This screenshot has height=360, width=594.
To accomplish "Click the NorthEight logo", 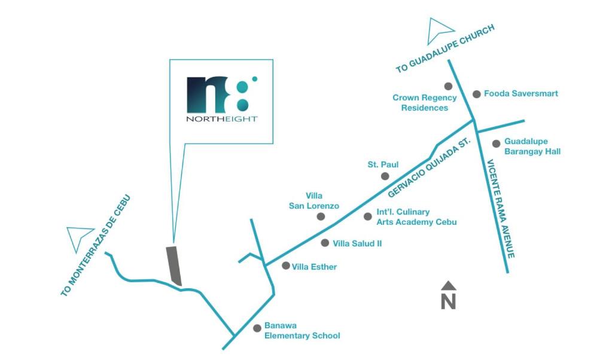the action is [x=222, y=99].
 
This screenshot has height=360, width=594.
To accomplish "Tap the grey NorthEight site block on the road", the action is [x=174, y=266].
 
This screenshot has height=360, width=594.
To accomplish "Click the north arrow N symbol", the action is [x=449, y=295].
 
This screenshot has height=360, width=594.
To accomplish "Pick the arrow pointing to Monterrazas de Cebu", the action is [x=78, y=237].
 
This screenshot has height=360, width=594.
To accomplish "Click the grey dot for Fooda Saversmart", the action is [x=477, y=94].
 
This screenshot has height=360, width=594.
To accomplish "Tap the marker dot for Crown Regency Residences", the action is [x=448, y=86].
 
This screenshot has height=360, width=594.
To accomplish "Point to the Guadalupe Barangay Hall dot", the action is [x=496, y=144].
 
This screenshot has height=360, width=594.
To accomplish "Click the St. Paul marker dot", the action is [x=385, y=176].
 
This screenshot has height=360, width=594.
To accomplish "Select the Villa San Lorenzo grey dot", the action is [x=321, y=216].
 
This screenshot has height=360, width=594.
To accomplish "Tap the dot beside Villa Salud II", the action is [x=325, y=243].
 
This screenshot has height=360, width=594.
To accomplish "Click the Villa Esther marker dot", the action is [x=286, y=266].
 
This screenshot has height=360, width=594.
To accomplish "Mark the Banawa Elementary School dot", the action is [x=257, y=328].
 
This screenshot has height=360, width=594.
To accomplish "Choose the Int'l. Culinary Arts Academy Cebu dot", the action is [x=367, y=216].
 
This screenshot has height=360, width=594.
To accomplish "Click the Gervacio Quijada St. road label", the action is [x=429, y=167].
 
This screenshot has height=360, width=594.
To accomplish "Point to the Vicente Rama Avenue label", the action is [x=501, y=209].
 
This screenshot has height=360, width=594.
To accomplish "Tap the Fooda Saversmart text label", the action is [x=521, y=93].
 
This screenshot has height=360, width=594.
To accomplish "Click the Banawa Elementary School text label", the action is [x=302, y=331].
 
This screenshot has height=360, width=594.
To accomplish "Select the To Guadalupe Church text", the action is [x=445, y=48].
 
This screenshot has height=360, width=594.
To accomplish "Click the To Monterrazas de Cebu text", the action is [x=96, y=245].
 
